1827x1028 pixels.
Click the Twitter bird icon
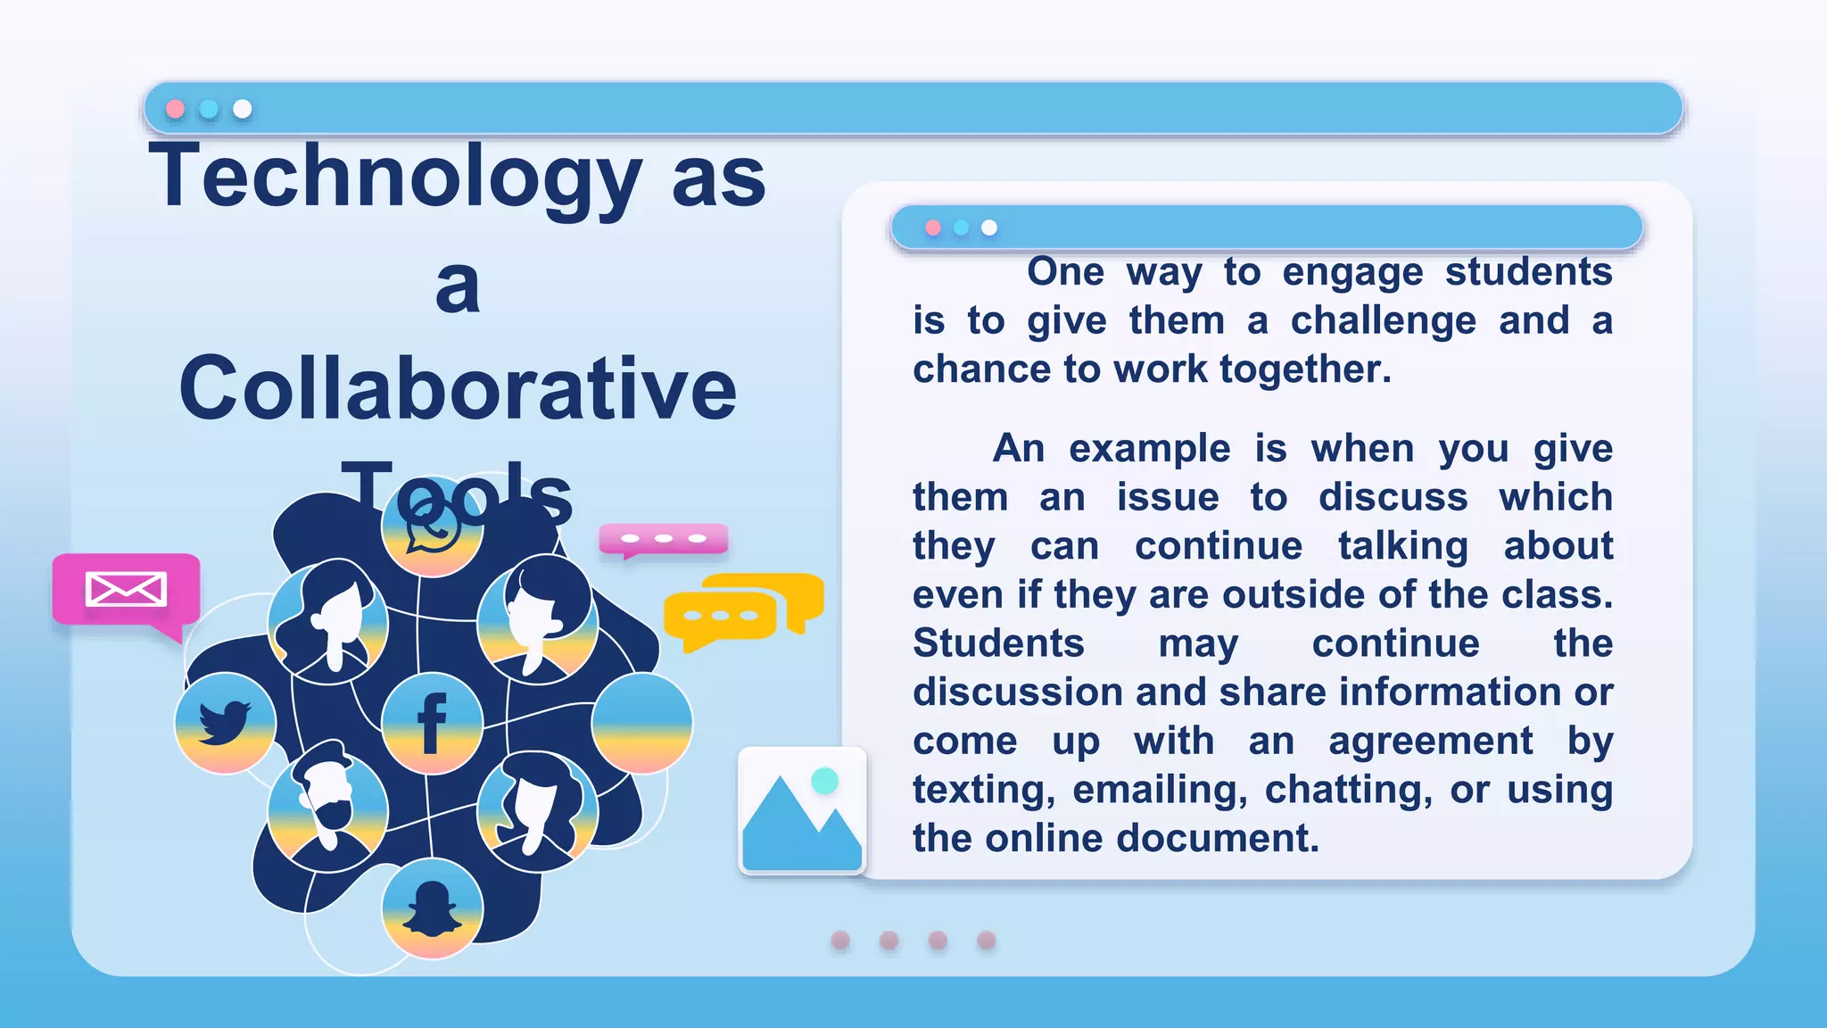(225, 722)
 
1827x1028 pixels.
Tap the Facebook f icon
(432, 723)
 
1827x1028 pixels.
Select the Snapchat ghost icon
(432, 908)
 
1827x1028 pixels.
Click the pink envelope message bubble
(126, 589)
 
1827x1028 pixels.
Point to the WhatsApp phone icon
(433, 528)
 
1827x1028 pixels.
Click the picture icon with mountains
(802, 810)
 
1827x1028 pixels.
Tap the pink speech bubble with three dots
(664, 539)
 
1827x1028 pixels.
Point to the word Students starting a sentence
(998, 643)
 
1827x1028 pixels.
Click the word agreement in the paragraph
(1430, 741)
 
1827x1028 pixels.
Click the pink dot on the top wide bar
(176, 109)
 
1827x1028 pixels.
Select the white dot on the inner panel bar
(989, 228)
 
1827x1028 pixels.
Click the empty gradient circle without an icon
(641, 722)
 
